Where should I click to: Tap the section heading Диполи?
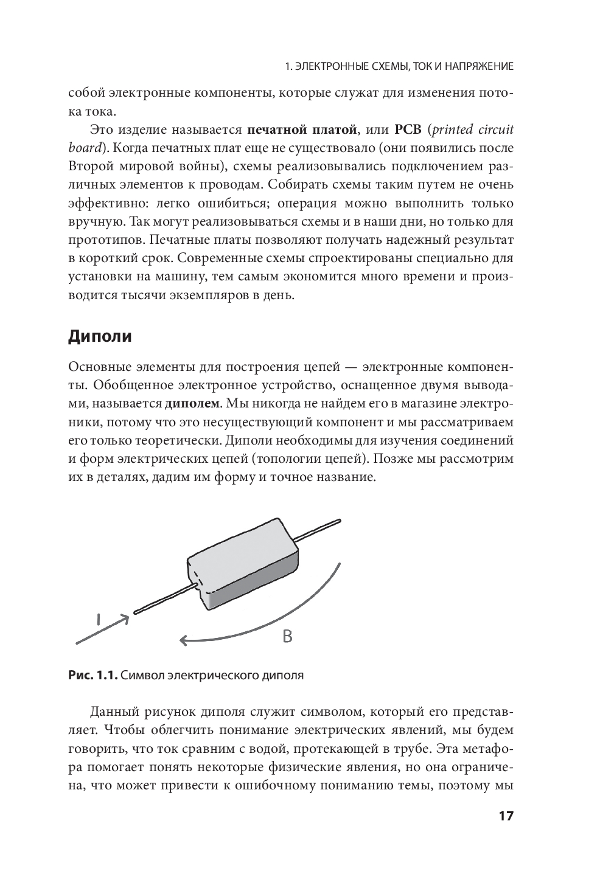(100, 336)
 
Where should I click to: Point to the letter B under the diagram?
(288, 636)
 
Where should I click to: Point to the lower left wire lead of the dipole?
(161, 600)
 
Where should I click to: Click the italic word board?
(85, 148)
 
